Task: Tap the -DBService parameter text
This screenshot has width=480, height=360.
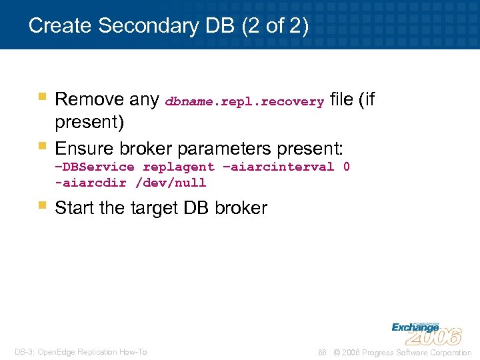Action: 95,167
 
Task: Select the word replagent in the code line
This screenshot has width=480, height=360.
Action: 179,167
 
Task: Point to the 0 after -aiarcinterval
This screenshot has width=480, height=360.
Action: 346,167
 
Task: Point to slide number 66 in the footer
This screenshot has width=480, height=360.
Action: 322,352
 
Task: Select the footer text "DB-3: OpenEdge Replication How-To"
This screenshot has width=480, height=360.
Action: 81,352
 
